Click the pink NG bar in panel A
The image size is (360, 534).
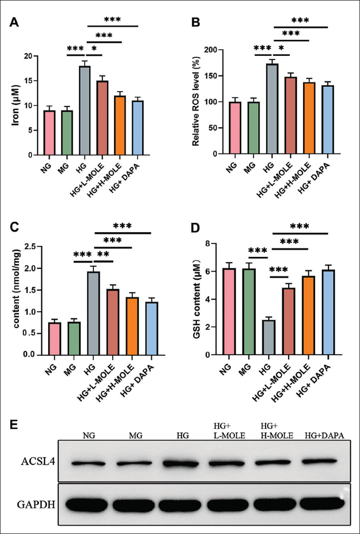coord(50,133)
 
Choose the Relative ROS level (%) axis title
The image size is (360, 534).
coord(197,102)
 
